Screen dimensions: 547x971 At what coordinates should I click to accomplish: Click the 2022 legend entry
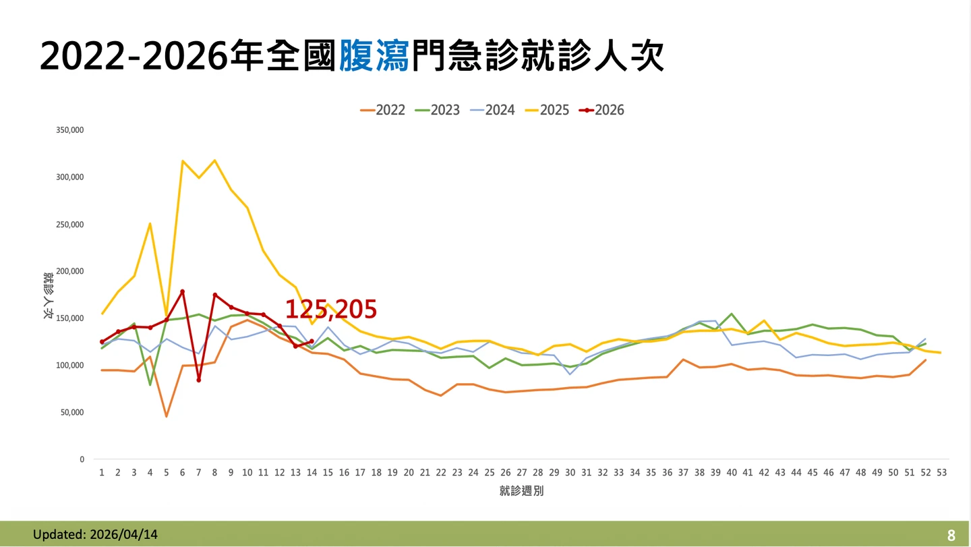383,110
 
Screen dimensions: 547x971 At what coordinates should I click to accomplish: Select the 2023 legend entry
438,110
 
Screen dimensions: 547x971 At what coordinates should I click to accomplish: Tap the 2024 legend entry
492,110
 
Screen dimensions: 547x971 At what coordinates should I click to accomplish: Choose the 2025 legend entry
547,110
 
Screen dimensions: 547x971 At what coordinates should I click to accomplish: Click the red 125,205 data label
330,309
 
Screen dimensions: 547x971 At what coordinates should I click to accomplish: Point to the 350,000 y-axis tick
70,130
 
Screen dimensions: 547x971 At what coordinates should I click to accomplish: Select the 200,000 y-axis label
70,271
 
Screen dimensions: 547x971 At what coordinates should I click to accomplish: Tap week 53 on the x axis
941,473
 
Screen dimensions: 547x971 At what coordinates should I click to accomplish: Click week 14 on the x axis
312,473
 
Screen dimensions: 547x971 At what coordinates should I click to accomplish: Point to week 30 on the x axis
570,473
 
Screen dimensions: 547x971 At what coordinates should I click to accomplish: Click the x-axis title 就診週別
521,491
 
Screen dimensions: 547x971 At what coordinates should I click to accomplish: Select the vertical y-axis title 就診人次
49,295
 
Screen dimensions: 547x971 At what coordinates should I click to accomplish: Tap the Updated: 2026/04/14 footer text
95,534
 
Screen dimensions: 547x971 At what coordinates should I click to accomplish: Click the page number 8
951,536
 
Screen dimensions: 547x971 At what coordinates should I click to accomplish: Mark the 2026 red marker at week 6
182,291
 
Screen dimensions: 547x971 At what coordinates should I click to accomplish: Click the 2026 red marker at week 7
198,380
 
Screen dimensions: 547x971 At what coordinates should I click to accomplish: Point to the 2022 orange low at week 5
166,416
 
